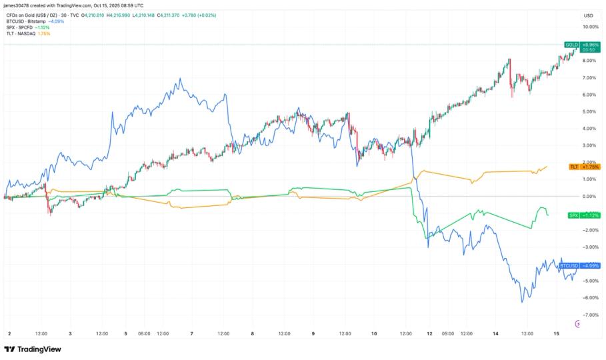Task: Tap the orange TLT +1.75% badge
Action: (x=584, y=166)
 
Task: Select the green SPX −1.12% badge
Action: (x=584, y=215)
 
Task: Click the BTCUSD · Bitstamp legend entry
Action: (x=25, y=21)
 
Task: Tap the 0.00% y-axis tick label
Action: (x=590, y=196)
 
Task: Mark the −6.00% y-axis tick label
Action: (x=590, y=297)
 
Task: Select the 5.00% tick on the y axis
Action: (x=590, y=112)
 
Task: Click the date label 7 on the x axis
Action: (x=192, y=333)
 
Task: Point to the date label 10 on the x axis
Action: (x=373, y=333)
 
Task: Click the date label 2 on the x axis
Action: (x=9, y=333)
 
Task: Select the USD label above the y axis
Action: (x=589, y=15)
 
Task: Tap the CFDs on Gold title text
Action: (x=29, y=15)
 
